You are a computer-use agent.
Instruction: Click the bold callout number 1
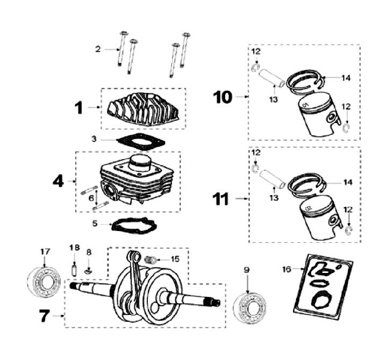pyautogui.click(x=79, y=108)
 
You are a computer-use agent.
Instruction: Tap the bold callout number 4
pyautogui.click(x=58, y=181)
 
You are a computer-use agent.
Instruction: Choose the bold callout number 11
pyautogui.click(x=223, y=199)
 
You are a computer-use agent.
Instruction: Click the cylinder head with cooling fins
pyautogui.click(x=143, y=109)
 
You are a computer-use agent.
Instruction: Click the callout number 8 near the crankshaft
pyautogui.click(x=89, y=251)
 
